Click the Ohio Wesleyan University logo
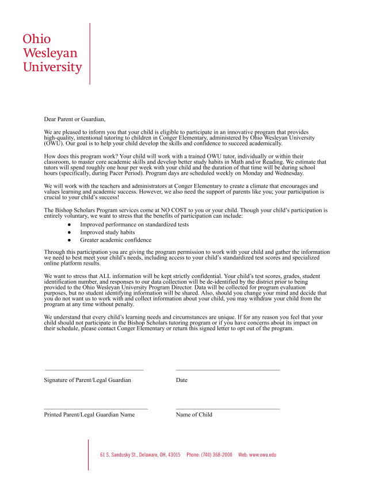52,53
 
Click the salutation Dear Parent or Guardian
75,119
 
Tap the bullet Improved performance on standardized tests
134,225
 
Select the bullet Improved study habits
108,232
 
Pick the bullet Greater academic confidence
116,240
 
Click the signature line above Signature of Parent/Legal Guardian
94,370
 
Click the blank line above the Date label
227,370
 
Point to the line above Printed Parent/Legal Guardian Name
96,408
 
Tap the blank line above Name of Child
227,408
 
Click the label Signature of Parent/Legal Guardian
87,380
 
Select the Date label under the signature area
182,380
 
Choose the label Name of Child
194,415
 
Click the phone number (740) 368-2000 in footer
217,455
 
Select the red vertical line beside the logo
90,53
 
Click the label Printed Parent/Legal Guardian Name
89,415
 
